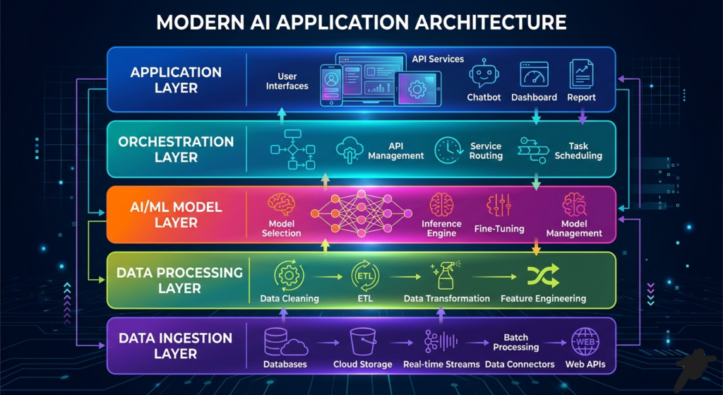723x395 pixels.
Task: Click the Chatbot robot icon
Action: click(x=484, y=73)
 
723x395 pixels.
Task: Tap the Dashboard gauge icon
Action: click(x=534, y=74)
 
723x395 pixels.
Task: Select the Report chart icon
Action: click(x=581, y=74)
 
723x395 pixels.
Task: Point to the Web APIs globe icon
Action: click(x=584, y=342)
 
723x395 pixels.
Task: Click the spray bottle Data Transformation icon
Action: click(x=445, y=275)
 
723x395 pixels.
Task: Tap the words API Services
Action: click(x=438, y=59)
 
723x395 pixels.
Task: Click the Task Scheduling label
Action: click(x=578, y=151)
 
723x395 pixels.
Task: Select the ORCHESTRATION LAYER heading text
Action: click(x=176, y=150)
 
